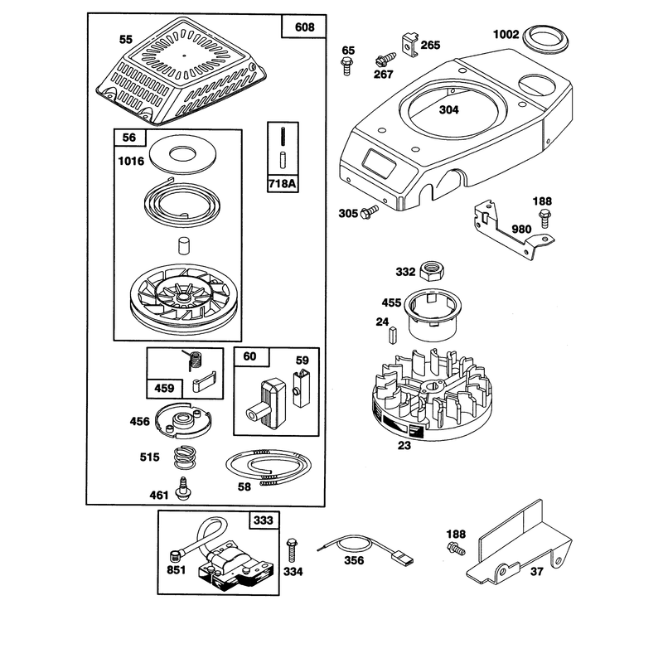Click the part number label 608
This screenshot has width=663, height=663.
pos(304,27)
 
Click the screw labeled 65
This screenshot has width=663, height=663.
pos(346,66)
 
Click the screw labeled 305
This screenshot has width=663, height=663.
pos(369,211)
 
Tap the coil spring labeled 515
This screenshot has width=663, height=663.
pos(186,457)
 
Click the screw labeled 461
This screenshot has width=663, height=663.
pos(183,489)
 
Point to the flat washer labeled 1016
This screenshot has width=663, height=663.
pos(182,154)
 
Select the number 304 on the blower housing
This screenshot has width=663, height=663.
pos(448,110)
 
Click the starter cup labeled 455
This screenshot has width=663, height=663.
pos(433,314)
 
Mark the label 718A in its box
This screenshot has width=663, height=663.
pos(282,183)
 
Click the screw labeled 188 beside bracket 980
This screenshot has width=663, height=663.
pos(544,218)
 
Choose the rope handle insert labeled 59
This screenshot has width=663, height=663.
pos(302,388)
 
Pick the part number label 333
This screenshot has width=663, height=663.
pos(264,520)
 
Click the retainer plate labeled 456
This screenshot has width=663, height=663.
pos(183,422)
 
